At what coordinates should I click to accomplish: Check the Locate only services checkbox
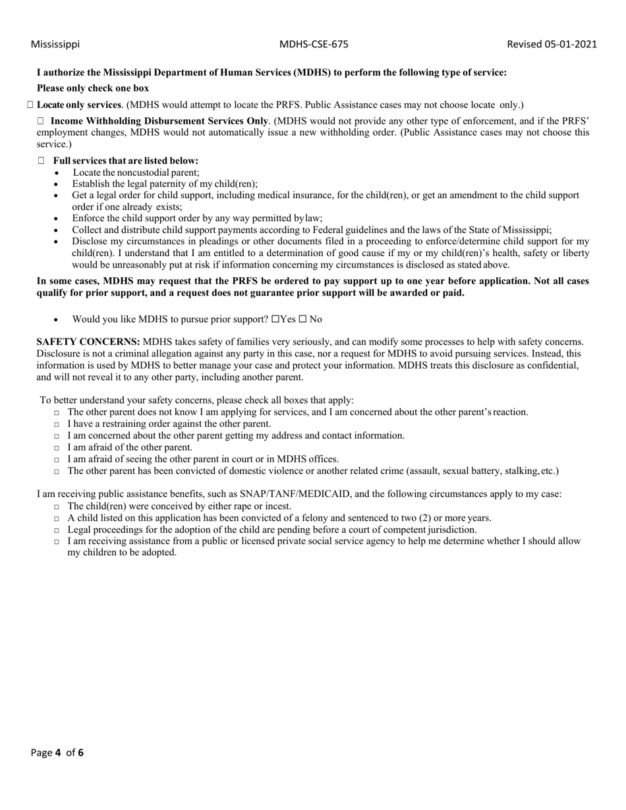(x=31, y=105)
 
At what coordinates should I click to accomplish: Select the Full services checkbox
(x=42, y=161)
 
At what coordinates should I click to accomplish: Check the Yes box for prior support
(x=275, y=319)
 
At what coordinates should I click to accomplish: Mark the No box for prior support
(x=302, y=319)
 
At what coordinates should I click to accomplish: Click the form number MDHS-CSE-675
(x=314, y=44)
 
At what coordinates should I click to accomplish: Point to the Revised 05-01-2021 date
(x=552, y=44)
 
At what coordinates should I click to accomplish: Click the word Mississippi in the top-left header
(x=55, y=44)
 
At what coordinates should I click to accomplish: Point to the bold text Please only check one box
(x=93, y=88)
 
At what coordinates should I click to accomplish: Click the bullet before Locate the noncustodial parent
(x=57, y=173)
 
